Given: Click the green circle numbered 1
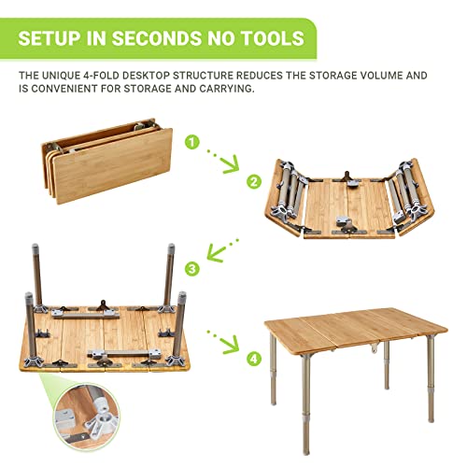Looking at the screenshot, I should click(x=191, y=143).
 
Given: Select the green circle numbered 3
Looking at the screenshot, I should click(x=191, y=269).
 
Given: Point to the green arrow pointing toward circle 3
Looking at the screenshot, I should click(x=220, y=250).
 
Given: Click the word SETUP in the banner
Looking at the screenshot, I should click(x=55, y=38).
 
